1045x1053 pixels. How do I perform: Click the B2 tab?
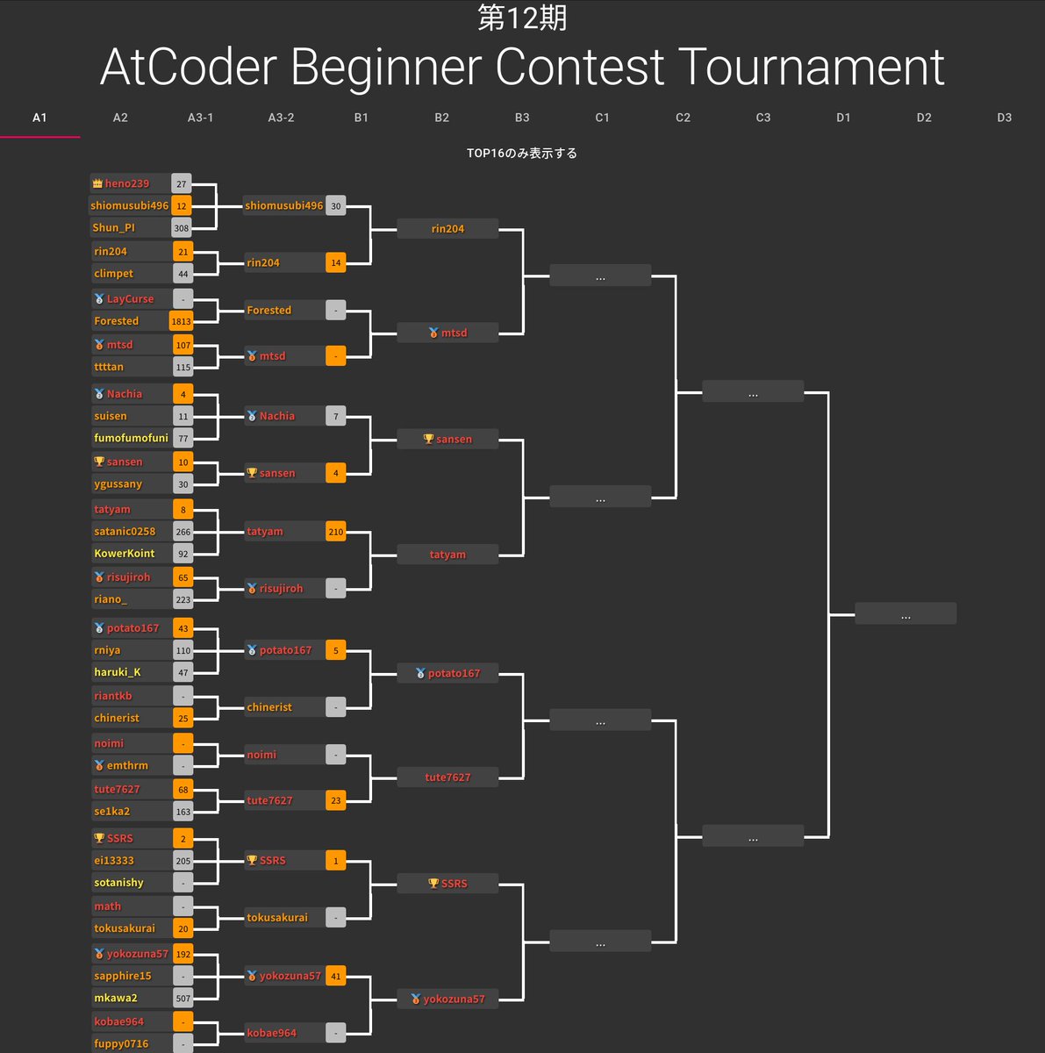[x=441, y=118]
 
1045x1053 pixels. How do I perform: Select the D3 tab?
[x=1004, y=118]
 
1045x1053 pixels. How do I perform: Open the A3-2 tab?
[x=281, y=118]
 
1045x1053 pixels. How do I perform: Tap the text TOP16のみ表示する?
[x=522, y=154]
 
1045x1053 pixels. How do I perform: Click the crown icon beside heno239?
[x=97, y=183]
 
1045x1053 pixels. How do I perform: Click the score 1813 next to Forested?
[x=182, y=321]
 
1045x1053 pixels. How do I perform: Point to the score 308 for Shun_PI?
[x=182, y=228]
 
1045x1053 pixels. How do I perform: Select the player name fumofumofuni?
[x=131, y=438]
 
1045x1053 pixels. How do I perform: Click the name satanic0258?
[x=125, y=532]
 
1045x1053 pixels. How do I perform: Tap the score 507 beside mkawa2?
[x=183, y=999]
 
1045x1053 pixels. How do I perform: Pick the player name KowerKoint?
[x=125, y=554]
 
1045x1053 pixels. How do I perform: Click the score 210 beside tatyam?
[x=336, y=532]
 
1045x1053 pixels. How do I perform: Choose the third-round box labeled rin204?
[x=447, y=229]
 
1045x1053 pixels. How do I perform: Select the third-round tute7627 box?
[x=447, y=777]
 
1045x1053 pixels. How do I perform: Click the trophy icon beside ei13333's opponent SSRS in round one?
[x=99, y=838]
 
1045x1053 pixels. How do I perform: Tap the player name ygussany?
[x=118, y=484]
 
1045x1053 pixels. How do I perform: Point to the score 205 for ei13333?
[x=183, y=861]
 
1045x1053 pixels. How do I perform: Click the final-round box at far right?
[x=905, y=613]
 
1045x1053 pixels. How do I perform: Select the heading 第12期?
[x=522, y=18]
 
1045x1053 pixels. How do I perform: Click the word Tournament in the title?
[x=812, y=68]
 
